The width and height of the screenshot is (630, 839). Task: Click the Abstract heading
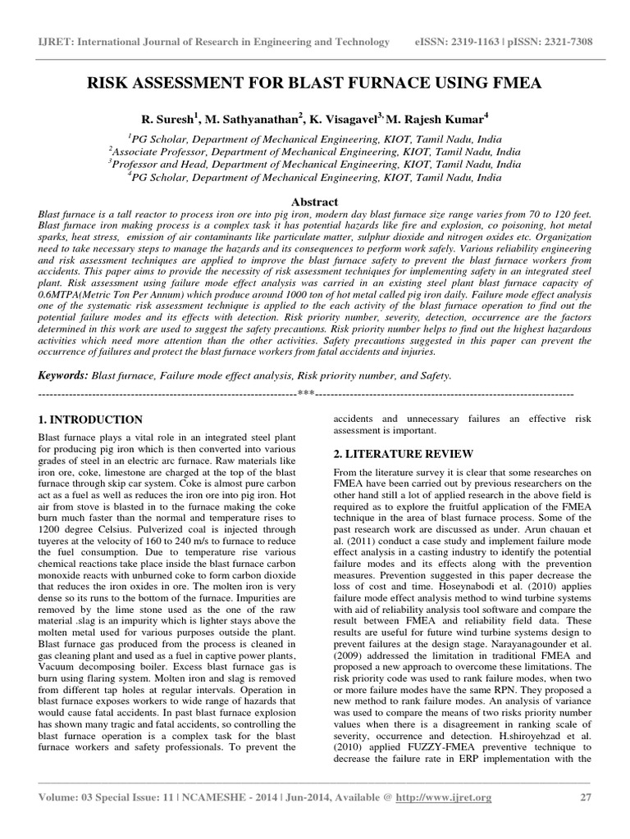pyautogui.click(x=314, y=202)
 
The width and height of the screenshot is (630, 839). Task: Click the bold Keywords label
pyautogui.click(x=63, y=374)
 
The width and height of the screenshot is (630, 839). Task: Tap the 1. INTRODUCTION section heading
pyautogui.click(x=90, y=419)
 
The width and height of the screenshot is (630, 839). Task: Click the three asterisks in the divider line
pyautogui.click(x=306, y=393)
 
